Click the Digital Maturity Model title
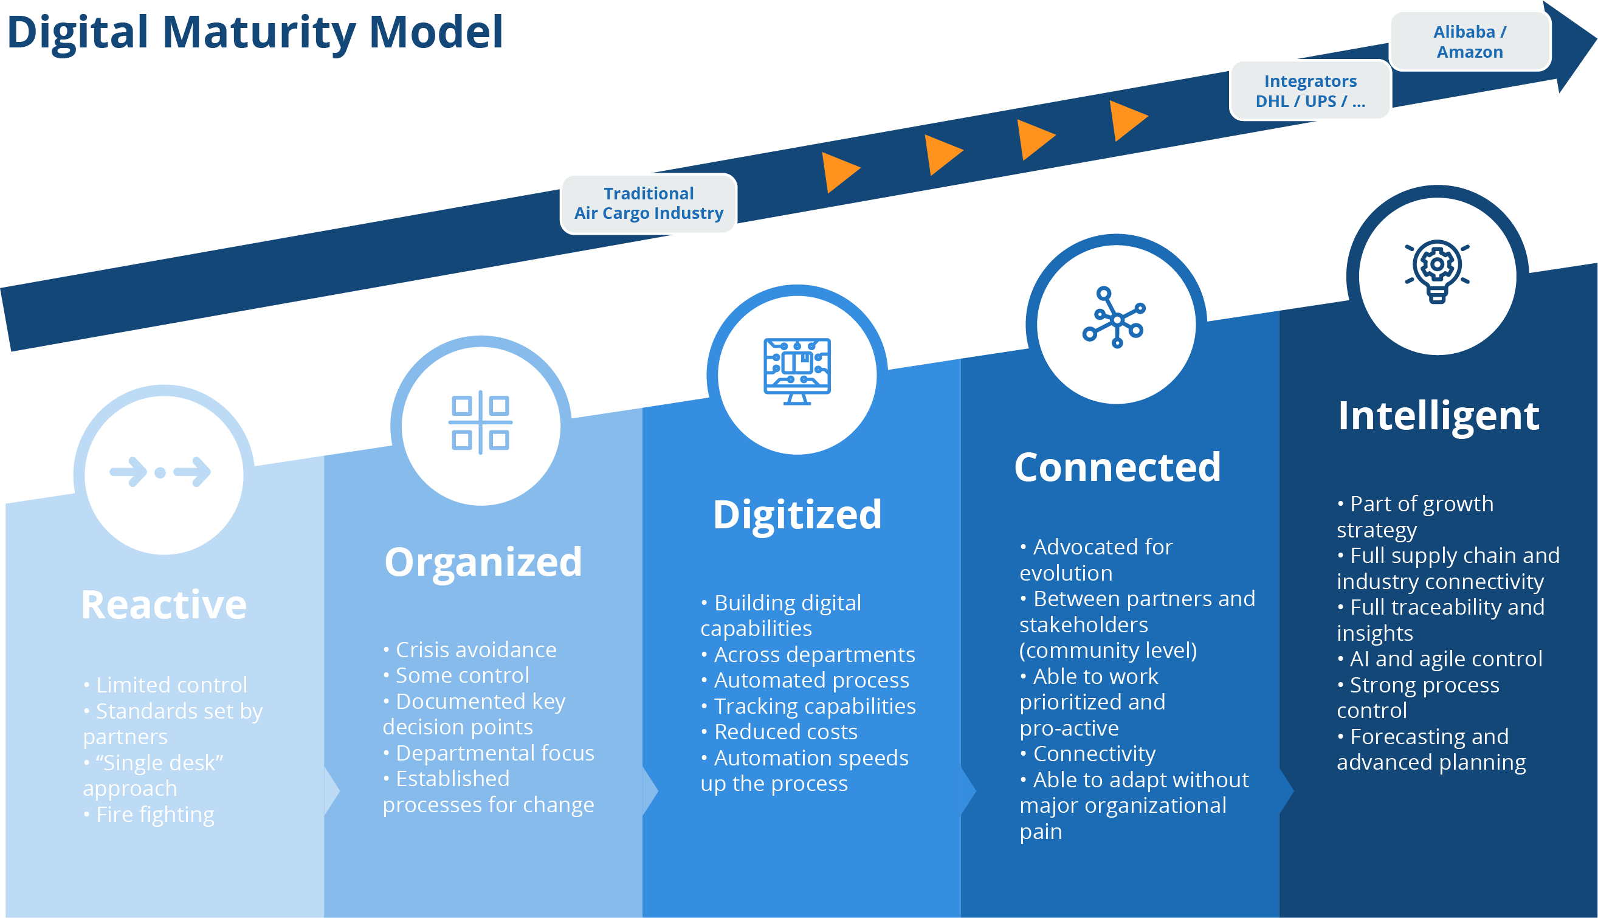click(255, 33)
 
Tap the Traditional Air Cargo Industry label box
click(648, 204)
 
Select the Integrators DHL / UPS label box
click(1310, 91)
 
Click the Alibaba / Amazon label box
click(1469, 41)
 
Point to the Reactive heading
click(164, 605)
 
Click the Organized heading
click(483, 562)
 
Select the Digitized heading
click(797, 514)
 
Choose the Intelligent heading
click(1439, 416)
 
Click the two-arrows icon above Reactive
click(160, 472)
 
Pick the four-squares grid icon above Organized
click(480, 423)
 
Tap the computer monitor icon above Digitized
click(797, 371)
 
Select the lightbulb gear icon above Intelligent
click(1438, 271)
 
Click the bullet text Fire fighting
click(155, 815)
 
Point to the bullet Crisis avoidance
click(476, 649)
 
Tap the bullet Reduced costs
click(785, 731)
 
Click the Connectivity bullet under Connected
click(1094, 753)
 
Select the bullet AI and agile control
click(1446, 659)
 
